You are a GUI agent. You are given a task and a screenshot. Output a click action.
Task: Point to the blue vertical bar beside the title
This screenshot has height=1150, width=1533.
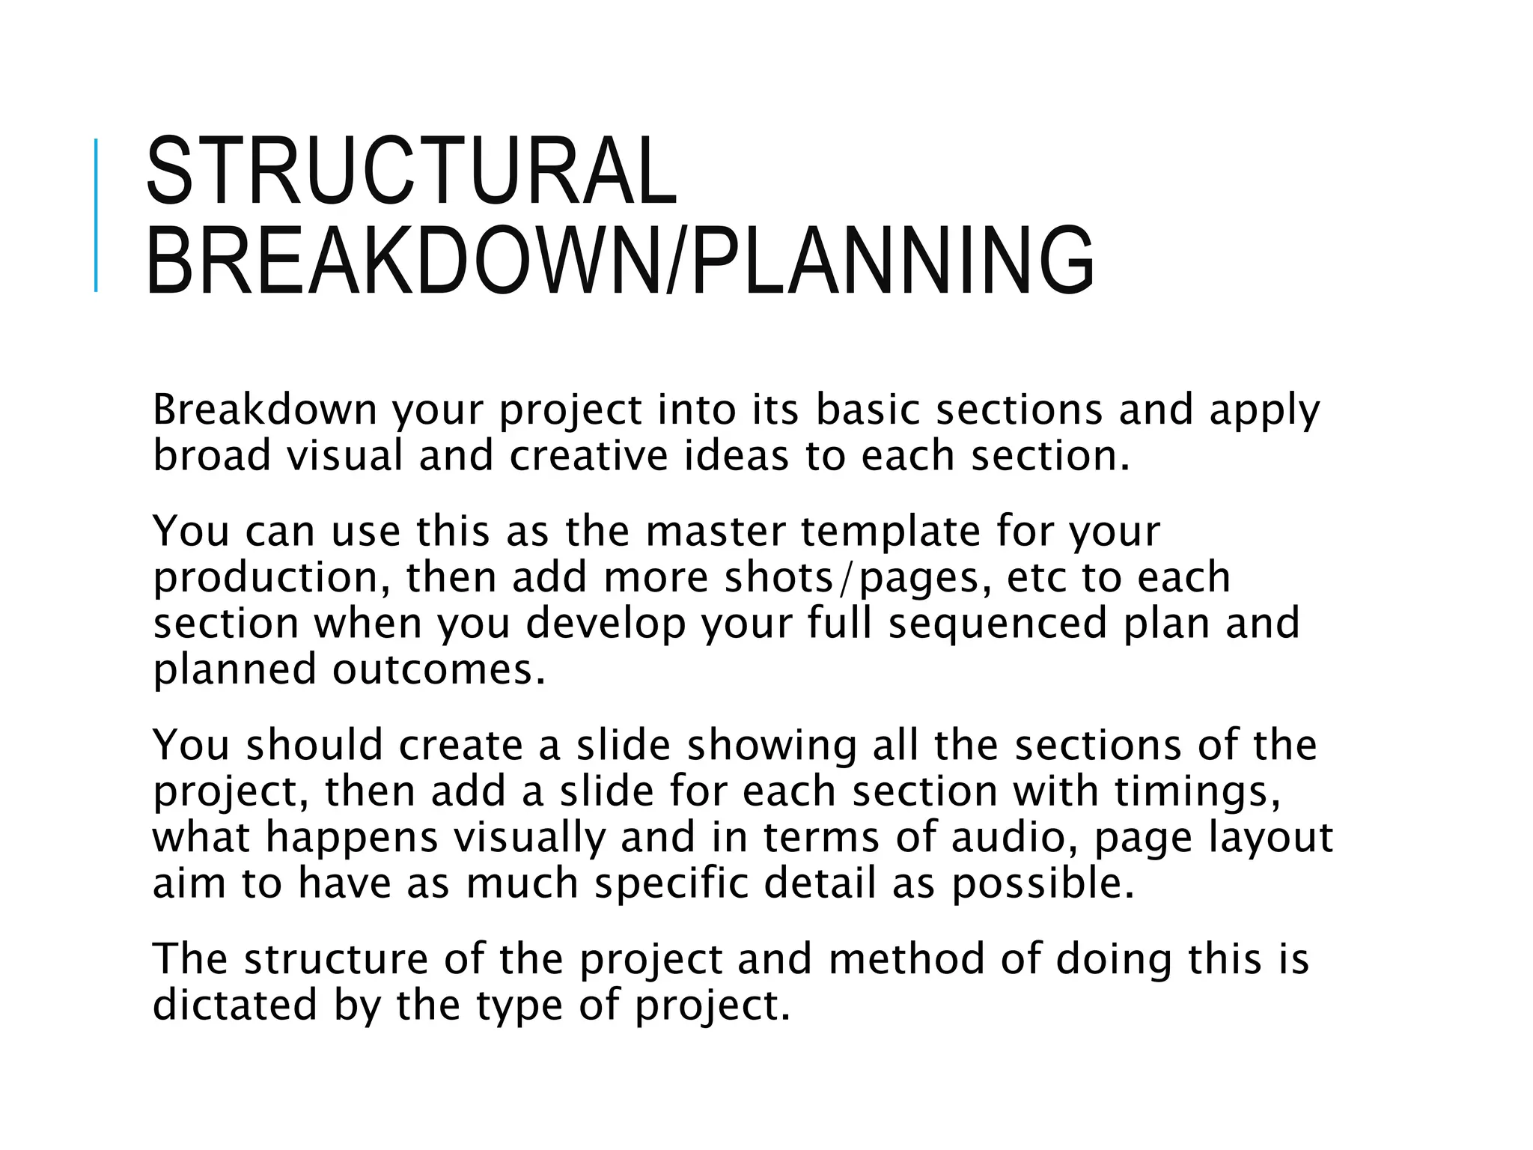pos(96,215)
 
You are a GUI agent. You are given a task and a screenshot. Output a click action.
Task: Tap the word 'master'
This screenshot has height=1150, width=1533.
pos(715,531)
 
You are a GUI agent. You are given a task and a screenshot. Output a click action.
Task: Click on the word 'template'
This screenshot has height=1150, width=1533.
pos(890,531)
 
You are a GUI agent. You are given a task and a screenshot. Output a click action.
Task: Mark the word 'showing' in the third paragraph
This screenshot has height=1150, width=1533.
pos(771,746)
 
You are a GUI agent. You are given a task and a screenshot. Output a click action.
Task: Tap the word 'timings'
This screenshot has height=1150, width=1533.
pos(1196,791)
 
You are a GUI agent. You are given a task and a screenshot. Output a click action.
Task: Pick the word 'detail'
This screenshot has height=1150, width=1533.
pos(820,883)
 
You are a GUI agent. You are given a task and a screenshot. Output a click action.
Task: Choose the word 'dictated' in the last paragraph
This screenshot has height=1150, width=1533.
pos(234,1005)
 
